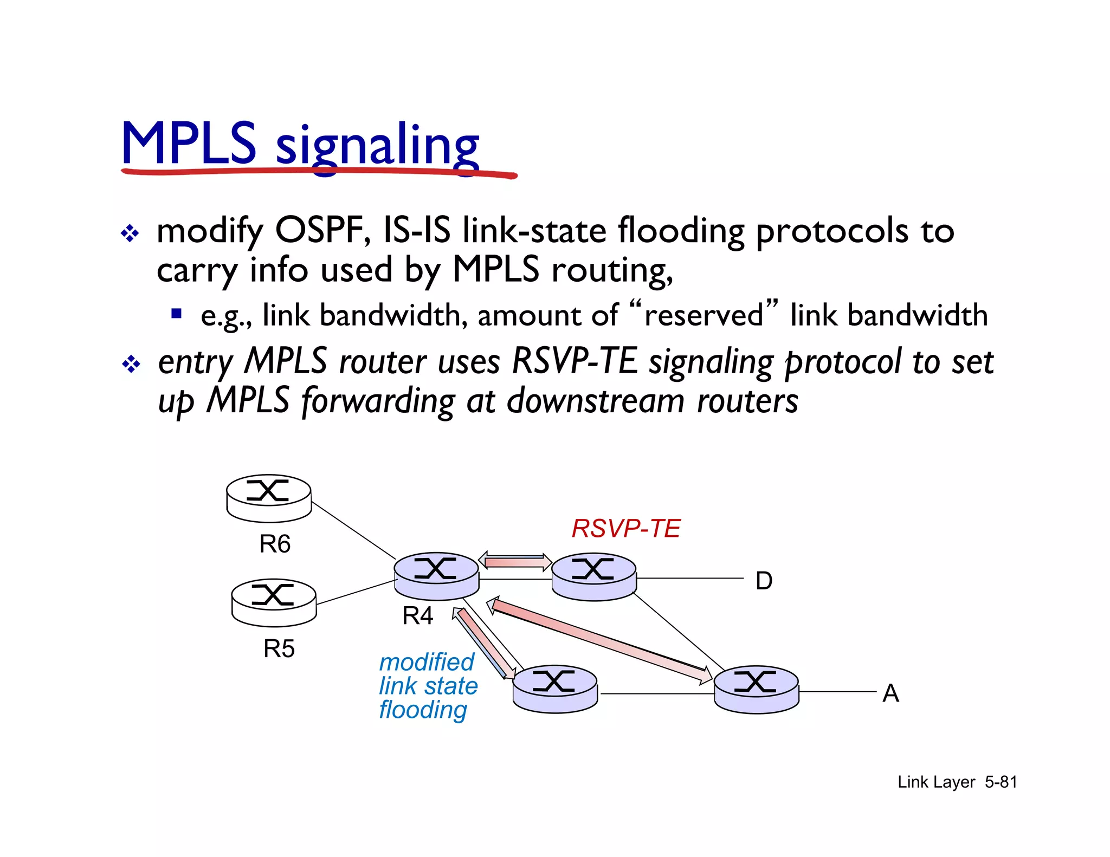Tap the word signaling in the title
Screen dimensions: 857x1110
tap(377, 146)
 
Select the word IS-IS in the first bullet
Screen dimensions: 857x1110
tap(416, 230)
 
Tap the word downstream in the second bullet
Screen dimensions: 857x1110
tap(596, 401)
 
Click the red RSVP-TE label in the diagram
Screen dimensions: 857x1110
tap(626, 528)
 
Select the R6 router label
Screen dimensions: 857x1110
tap(275, 544)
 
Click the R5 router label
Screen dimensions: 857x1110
tap(279, 648)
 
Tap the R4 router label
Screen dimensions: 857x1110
tap(417, 616)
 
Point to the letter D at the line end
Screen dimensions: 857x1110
tap(764, 581)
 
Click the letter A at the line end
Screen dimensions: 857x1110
tap(890, 693)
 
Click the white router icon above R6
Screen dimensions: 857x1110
tap(269, 498)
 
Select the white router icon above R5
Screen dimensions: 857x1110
tap(274, 602)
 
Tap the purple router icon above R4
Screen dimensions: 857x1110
tap(436, 575)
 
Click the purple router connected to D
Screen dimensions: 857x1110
tap(593, 576)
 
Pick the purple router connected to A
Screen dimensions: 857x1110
tap(756, 689)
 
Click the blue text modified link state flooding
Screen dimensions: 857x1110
tap(428, 686)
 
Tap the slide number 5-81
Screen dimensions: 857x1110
tap(1001, 782)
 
